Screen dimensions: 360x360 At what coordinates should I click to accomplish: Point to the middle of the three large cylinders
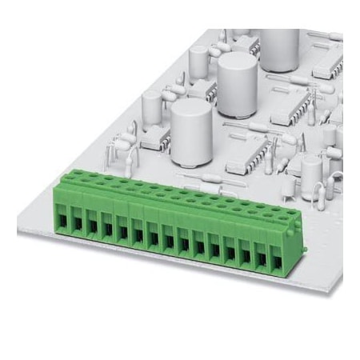click(235, 80)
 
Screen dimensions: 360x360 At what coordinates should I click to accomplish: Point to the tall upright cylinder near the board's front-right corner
click(311, 175)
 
